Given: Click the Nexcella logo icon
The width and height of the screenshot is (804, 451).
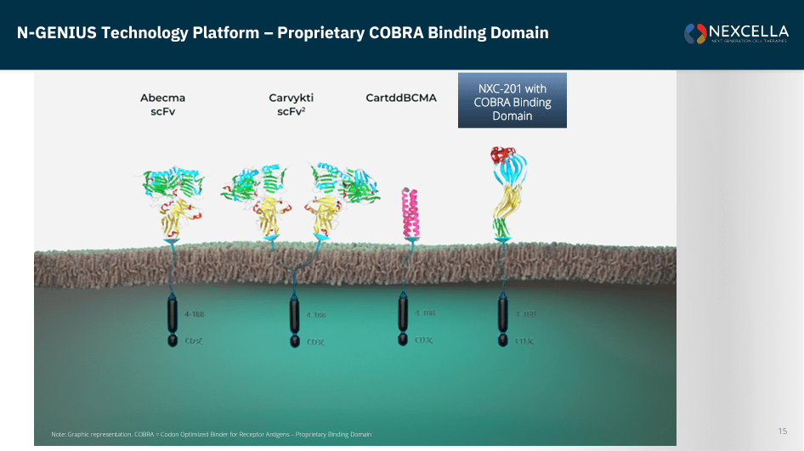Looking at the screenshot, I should (x=695, y=33).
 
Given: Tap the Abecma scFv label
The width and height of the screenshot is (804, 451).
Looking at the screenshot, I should (x=162, y=104).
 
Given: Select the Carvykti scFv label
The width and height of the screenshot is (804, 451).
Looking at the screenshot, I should (x=292, y=104).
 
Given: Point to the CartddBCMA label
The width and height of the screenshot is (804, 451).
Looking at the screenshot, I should (x=401, y=98).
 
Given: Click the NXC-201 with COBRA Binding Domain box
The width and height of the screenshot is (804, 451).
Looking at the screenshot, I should (x=512, y=101).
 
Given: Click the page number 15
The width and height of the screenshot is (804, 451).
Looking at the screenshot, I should (x=782, y=431).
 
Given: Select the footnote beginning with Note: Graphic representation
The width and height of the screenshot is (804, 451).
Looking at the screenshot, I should (x=211, y=434).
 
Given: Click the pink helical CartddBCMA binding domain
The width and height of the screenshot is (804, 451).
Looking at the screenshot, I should (x=411, y=213).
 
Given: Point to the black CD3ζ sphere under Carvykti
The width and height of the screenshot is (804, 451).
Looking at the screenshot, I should (x=294, y=341).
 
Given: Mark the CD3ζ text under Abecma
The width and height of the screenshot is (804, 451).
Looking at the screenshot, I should (x=193, y=341).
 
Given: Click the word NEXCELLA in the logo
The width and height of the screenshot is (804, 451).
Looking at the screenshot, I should (x=748, y=31).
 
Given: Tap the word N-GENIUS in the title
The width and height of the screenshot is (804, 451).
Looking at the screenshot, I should (x=53, y=33).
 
